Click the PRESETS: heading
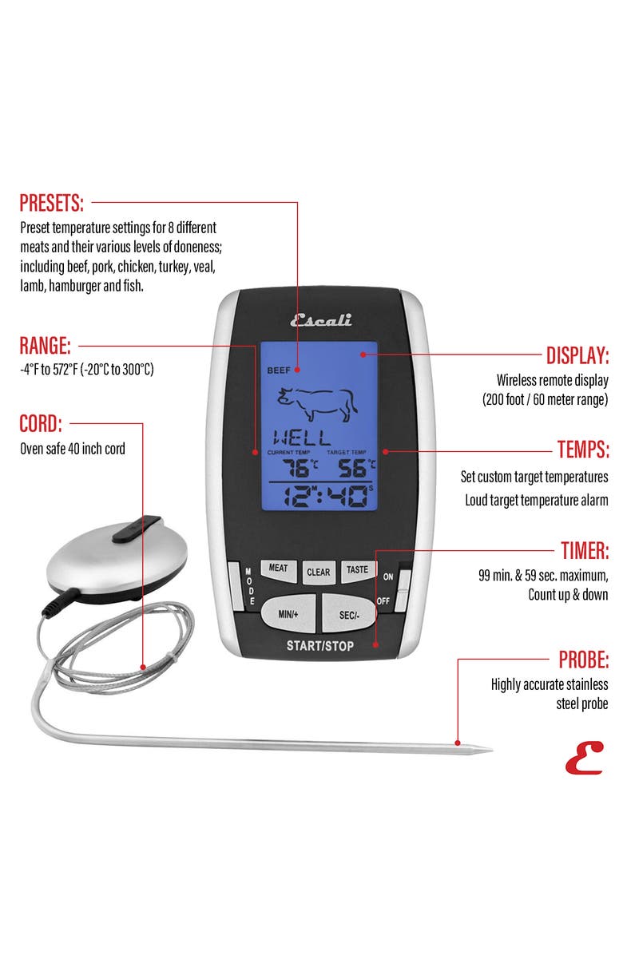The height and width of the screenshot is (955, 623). coord(51,202)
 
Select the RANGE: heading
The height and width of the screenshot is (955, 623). coord(45,346)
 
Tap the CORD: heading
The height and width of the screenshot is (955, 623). coord(40,422)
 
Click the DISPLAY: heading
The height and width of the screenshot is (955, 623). coord(577,355)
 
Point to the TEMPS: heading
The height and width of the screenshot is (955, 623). coord(582,450)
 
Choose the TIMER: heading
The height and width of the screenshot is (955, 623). coord(584,550)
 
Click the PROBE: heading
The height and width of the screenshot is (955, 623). coord(583,660)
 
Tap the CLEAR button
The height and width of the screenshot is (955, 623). coord(318,572)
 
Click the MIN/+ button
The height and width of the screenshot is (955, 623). coord(288,612)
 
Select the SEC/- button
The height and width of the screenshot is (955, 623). coord(348,612)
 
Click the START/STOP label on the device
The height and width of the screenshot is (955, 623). coord(319,645)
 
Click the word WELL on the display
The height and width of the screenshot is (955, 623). coord(302,438)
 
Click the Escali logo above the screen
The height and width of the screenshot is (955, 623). coord(319,320)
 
